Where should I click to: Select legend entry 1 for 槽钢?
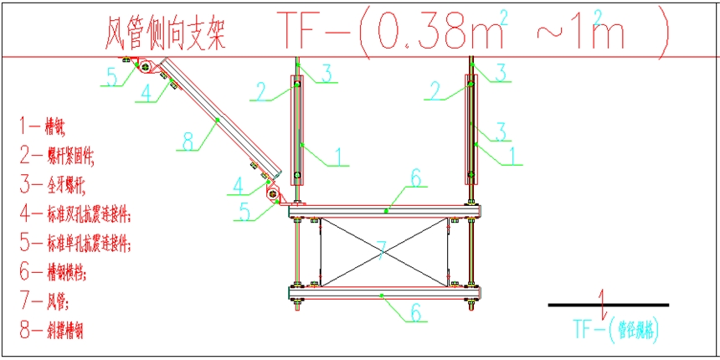(x=44, y=127)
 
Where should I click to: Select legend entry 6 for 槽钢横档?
(x=52, y=273)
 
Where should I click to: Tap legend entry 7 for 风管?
(x=41, y=301)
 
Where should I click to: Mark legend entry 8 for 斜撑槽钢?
(x=52, y=331)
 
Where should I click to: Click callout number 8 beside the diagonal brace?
(x=188, y=141)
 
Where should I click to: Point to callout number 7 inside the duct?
(x=381, y=249)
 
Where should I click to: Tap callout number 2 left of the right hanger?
(x=434, y=90)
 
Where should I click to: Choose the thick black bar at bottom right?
(x=609, y=305)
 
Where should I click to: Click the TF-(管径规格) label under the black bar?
(x=615, y=327)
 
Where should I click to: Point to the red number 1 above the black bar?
(x=604, y=296)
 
